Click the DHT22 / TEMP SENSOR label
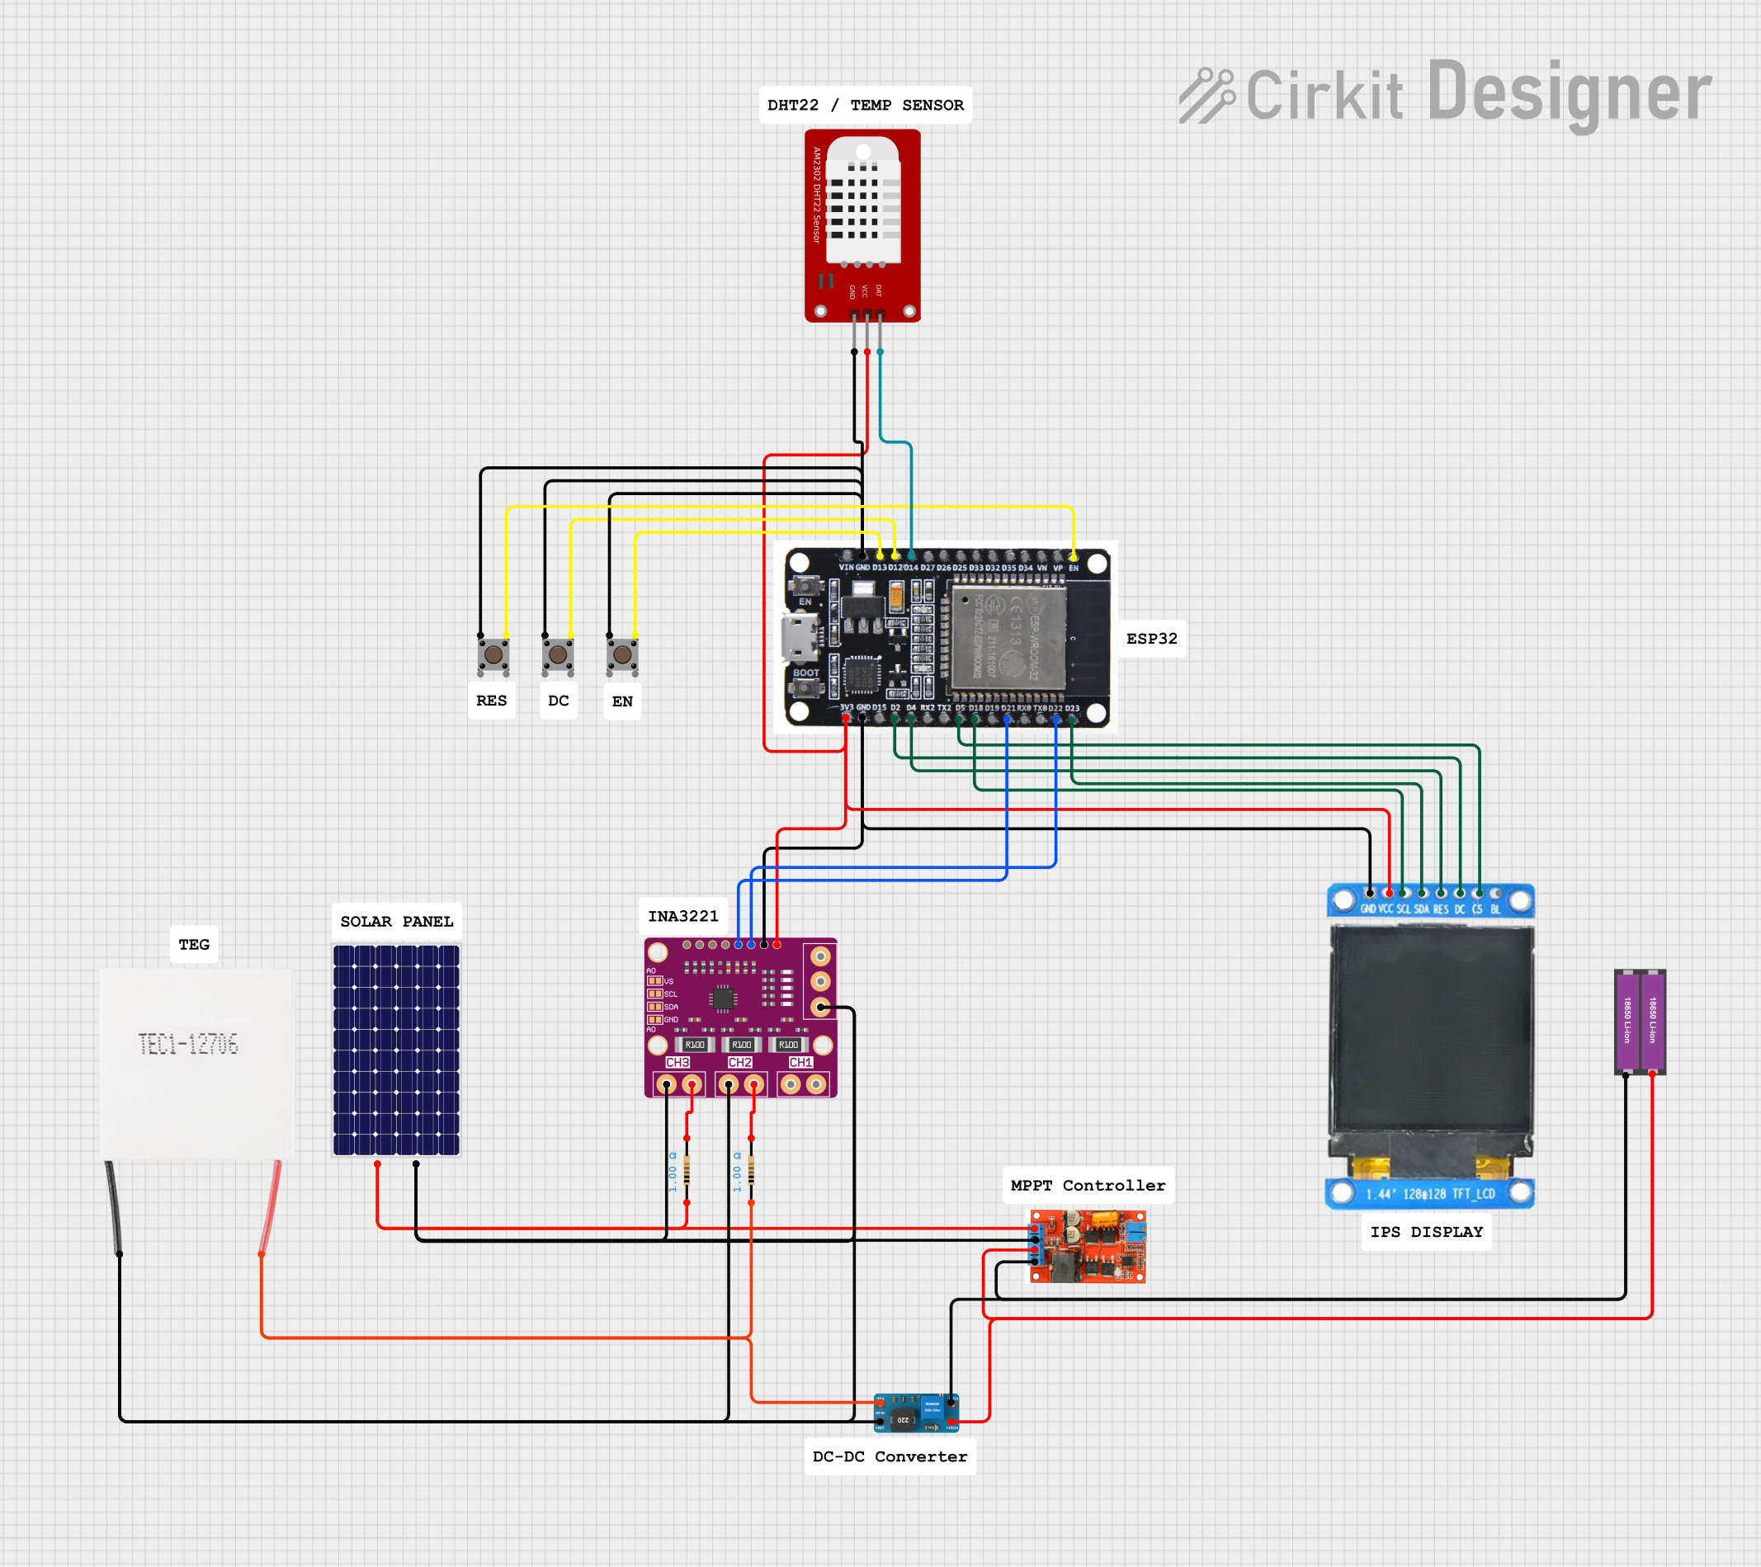(865, 105)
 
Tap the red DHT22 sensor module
(862, 226)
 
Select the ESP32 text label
(1151, 639)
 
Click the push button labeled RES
(493, 655)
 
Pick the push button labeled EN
(622, 655)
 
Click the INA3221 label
(683, 916)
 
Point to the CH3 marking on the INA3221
(677, 1062)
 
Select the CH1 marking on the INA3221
(800, 1062)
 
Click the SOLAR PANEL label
(396, 921)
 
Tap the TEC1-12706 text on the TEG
(188, 1044)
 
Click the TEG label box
(194, 944)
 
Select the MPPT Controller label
(1088, 1186)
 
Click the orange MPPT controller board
(1088, 1246)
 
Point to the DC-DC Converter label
(890, 1456)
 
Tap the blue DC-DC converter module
(916, 1413)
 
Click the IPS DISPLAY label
(1426, 1232)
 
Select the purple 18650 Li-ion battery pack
(1639, 1021)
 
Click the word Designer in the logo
(1569, 93)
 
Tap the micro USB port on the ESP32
(799, 638)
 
